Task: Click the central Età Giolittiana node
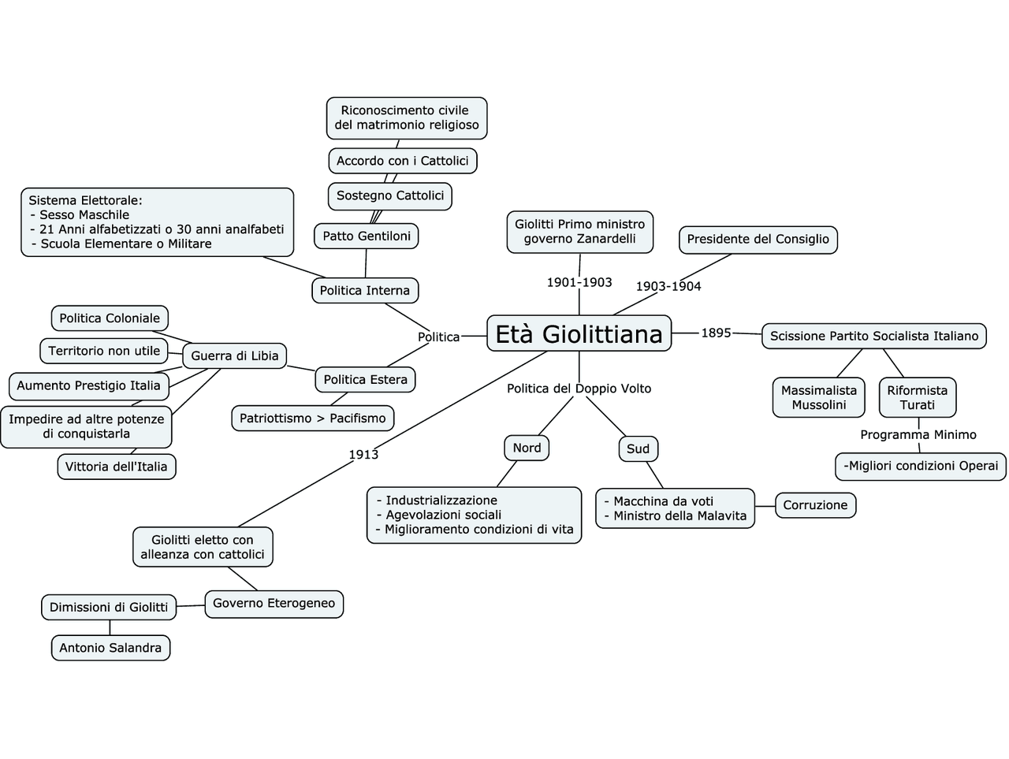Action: coord(579,333)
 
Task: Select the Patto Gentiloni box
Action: coord(367,236)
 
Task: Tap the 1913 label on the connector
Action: coord(363,454)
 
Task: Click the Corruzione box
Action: coord(815,505)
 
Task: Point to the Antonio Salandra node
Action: coord(110,648)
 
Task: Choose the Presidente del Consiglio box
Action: coord(758,239)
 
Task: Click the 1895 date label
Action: coord(716,333)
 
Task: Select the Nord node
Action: coord(527,448)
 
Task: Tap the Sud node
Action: coord(638,448)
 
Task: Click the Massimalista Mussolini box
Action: coord(818,397)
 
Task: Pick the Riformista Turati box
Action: coord(917,397)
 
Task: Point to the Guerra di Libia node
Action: coord(234,355)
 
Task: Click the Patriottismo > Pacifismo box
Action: coord(312,419)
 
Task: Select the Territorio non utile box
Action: coord(104,351)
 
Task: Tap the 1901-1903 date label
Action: coord(579,282)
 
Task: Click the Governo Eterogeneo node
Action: coord(274,603)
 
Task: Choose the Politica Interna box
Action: coord(364,290)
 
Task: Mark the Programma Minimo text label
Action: coord(918,434)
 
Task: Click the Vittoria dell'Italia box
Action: coord(116,467)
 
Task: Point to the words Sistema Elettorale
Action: coord(85,200)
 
